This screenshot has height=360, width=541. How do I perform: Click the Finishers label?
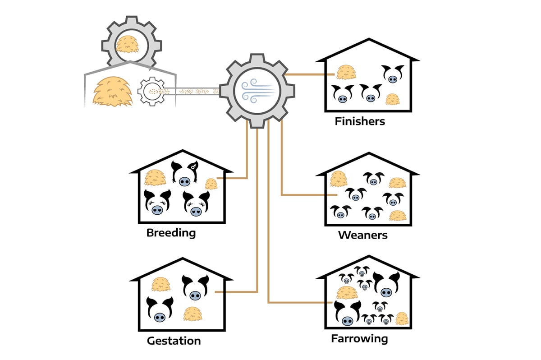coord(360,121)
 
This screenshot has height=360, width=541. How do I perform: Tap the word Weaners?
coord(362,235)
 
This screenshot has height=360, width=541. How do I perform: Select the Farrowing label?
coord(359,338)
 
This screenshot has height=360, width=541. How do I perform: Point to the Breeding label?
coord(171,233)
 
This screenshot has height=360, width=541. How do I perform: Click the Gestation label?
coord(174,341)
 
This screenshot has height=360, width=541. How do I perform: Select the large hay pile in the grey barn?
coord(112,92)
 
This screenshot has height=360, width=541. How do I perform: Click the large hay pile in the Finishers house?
coord(346,72)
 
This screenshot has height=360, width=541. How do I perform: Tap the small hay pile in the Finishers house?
coord(392,99)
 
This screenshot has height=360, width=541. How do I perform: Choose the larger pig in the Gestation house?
coord(160,310)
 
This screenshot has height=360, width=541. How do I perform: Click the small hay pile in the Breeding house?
coord(211,183)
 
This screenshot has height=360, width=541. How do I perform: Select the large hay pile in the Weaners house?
coord(338,179)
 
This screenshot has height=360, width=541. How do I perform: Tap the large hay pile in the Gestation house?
coord(160,284)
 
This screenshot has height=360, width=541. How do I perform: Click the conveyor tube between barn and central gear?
coord(194,91)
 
